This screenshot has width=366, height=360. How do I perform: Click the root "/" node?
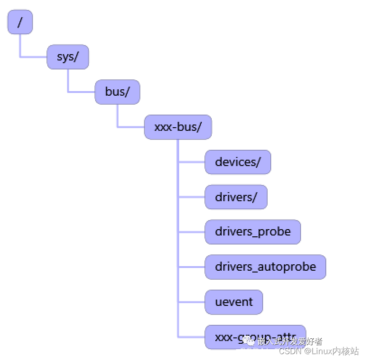[x=20, y=22]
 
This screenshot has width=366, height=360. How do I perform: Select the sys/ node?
[x=68, y=57]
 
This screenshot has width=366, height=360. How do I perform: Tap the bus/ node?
[x=117, y=92]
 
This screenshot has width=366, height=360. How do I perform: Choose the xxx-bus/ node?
[x=178, y=127]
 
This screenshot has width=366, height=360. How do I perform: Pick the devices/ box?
[x=238, y=162]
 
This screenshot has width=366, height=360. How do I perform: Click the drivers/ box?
[x=236, y=197]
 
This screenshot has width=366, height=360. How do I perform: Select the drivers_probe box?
[x=253, y=232]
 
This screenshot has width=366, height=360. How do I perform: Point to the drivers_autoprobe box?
[x=265, y=267]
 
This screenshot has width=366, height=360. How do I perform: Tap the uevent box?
[x=234, y=302]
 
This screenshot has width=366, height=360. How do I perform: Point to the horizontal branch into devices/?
[x=192, y=162]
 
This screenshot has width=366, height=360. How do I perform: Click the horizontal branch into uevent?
[x=192, y=302]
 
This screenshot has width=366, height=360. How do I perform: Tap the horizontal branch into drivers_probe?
[x=192, y=232]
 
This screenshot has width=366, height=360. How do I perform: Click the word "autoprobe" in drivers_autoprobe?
[x=287, y=267]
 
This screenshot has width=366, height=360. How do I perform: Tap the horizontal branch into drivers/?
[x=192, y=197]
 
